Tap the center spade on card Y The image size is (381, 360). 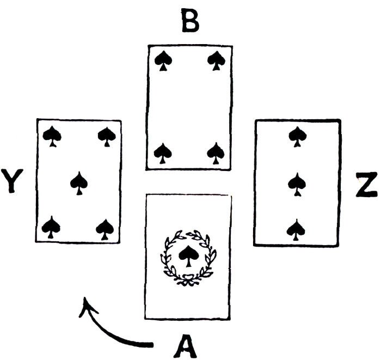(79, 183)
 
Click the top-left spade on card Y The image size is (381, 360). (52, 136)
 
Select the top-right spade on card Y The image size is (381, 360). (106, 136)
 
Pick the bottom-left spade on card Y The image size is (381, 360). (51, 227)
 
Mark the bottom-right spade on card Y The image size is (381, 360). (105, 228)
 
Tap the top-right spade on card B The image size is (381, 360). (217, 60)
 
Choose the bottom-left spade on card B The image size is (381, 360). (162, 152)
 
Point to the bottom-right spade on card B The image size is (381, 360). (216, 152)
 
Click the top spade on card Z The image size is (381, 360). (297, 136)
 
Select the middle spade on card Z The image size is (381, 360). (297, 184)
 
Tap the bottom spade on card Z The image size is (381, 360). (297, 229)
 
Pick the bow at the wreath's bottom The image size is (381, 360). (188, 280)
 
